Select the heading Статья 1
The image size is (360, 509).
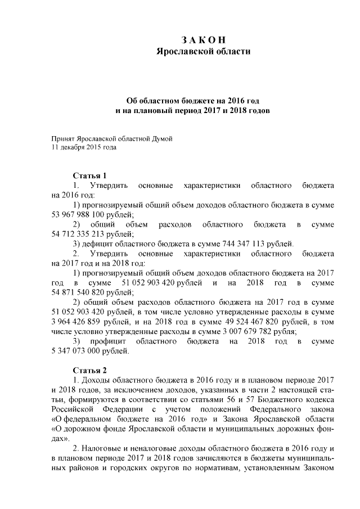[89, 175]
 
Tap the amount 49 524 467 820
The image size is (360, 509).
[250, 322]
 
